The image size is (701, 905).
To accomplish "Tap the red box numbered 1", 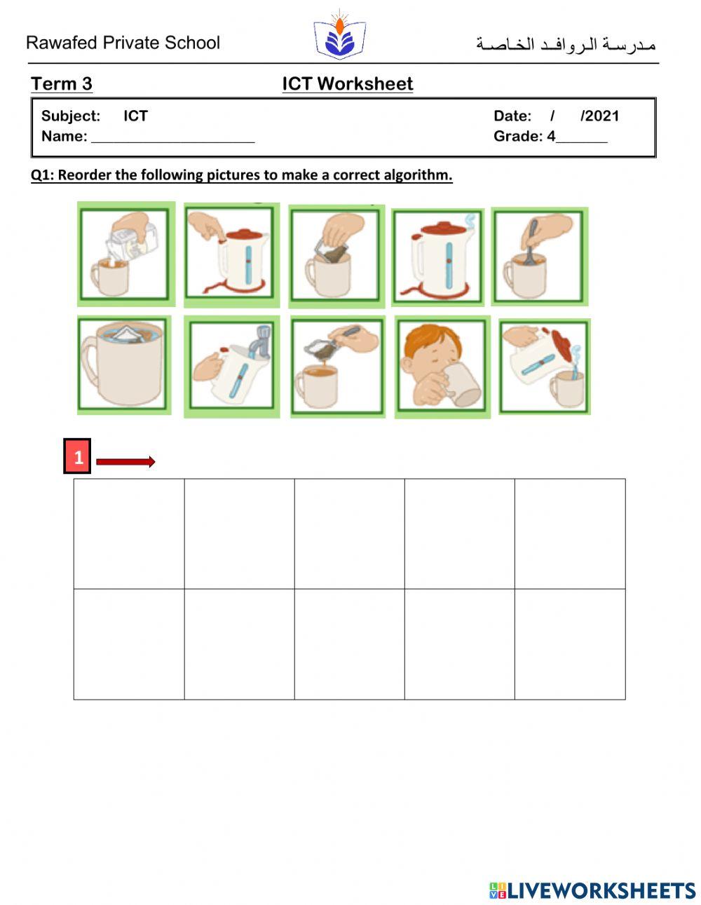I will [x=78, y=457].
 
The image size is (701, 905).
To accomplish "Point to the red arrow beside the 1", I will [x=125, y=461].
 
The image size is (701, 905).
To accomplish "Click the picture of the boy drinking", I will [x=442, y=366].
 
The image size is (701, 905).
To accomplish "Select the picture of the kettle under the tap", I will [x=231, y=366].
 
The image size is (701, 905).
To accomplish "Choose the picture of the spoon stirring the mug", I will [x=539, y=256].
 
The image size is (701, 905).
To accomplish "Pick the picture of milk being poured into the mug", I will [x=125, y=254].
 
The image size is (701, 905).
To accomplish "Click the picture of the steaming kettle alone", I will [x=437, y=257].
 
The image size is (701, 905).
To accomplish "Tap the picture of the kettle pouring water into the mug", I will [x=544, y=366].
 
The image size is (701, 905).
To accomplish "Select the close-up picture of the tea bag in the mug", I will [x=124, y=365].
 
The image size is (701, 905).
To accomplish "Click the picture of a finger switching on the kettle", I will [x=231, y=256].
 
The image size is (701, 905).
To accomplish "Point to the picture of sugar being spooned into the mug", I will [x=337, y=366].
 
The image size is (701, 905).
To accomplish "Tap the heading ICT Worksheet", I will [x=347, y=84].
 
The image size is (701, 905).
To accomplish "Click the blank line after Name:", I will [x=172, y=137].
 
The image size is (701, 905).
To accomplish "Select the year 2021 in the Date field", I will [x=601, y=116].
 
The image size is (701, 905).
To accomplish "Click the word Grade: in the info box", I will [x=518, y=137].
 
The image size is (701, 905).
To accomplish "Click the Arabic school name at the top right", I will [x=566, y=45].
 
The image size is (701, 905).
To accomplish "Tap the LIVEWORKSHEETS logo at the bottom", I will [x=592, y=890].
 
